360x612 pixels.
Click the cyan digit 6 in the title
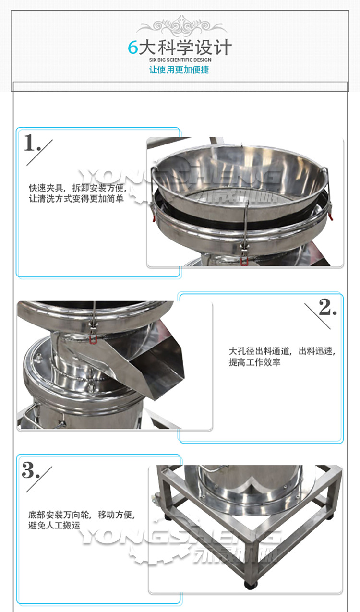point(133,48)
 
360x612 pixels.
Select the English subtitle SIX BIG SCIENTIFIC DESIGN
point(180,60)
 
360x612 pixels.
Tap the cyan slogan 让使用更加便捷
point(179,70)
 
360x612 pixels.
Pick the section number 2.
point(327,307)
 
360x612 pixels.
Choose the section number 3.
point(30,471)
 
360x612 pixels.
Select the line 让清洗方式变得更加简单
point(76,198)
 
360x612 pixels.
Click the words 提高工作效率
point(254,362)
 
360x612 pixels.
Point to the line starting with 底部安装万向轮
point(82,516)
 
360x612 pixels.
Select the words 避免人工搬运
point(54,526)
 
